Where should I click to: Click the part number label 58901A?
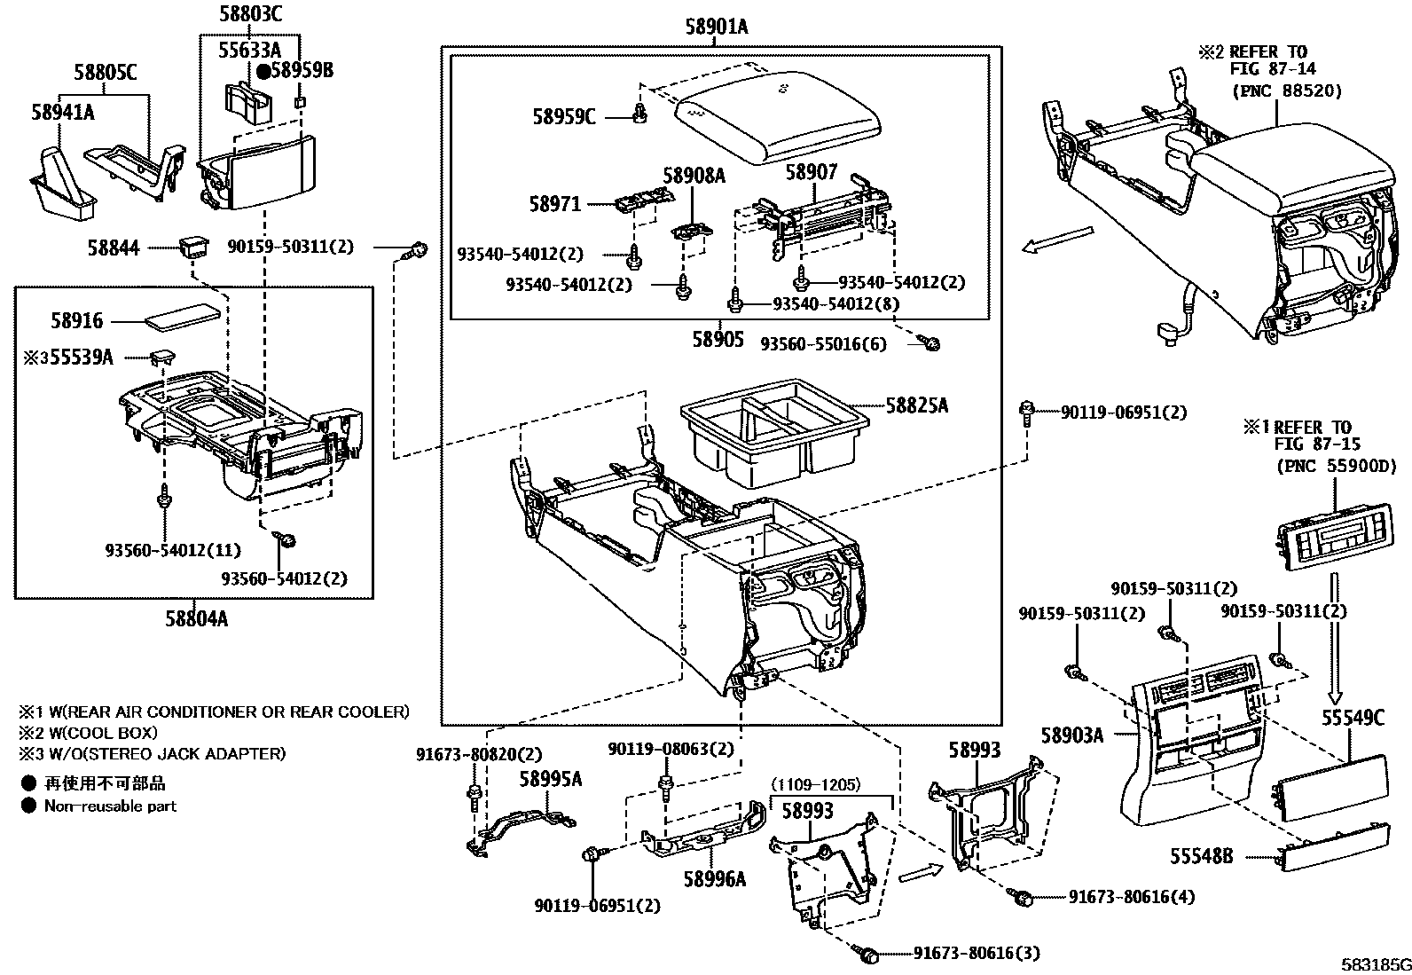pos(716,28)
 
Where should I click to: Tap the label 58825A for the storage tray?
pos(916,405)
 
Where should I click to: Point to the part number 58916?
pos(77,321)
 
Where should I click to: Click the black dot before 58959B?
pos(264,70)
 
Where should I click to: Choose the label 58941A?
pos(63,112)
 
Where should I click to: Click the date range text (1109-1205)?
pos(816,785)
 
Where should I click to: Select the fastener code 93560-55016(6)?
pos(823,344)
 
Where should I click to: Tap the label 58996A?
pos(714,879)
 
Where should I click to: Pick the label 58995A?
pos(551,779)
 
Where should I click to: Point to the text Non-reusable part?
pos(110,806)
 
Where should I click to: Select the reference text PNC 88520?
pos(1287,90)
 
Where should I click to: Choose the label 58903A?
pos(1071,735)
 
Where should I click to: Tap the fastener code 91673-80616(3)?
pos(977,954)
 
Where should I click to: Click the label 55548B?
pos(1201,856)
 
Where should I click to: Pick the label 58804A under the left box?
pos(196,619)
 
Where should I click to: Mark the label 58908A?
pos(694,176)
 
